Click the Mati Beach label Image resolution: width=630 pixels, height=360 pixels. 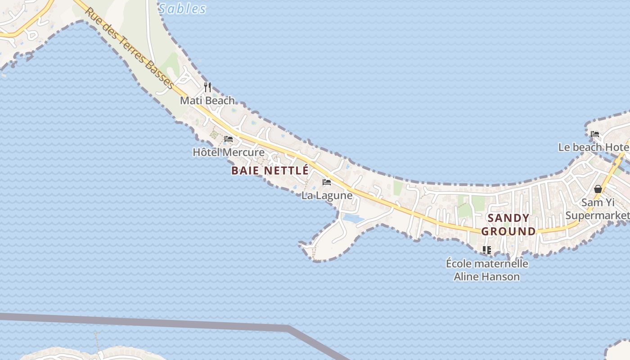(x=207, y=100)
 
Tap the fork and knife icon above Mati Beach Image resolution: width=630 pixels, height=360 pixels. (x=207, y=87)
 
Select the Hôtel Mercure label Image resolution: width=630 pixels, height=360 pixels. (x=229, y=152)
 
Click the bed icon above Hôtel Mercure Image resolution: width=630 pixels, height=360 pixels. (x=229, y=139)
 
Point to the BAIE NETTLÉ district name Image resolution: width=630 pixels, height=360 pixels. (x=270, y=171)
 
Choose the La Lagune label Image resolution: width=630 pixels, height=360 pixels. (x=327, y=196)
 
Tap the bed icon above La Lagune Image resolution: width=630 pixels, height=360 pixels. (x=327, y=182)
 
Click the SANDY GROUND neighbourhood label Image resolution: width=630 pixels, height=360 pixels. (x=509, y=225)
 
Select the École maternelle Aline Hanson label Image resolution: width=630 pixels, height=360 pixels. (x=487, y=270)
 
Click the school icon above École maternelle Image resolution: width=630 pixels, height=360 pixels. (x=486, y=250)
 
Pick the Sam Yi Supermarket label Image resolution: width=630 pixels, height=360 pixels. (x=597, y=209)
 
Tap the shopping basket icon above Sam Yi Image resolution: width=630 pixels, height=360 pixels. (x=598, y=189)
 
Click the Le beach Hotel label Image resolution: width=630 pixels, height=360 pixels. (x=594, y=147)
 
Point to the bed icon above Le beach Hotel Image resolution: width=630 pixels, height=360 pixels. (x=595, y=134)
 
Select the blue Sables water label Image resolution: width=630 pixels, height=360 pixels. (x=182, y=9)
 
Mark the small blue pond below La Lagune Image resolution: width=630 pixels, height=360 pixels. (x=353, y=219)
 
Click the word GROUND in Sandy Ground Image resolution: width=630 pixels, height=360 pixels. (x=509, y=231)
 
